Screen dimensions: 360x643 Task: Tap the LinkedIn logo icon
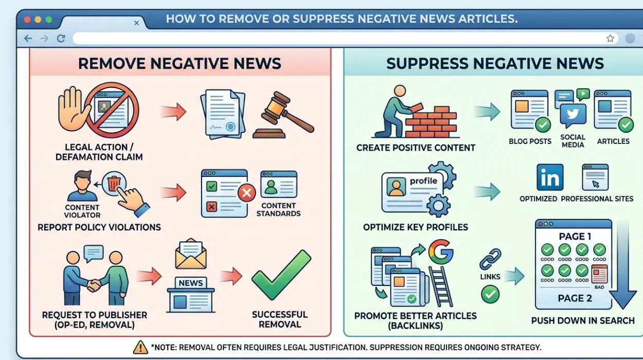549,178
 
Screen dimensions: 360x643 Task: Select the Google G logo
440,251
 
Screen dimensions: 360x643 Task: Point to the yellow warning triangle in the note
140,347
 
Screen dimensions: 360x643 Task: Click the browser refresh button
61,39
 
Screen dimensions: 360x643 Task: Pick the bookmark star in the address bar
610,39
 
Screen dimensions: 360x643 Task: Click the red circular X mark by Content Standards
246,194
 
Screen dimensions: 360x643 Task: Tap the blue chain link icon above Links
490,260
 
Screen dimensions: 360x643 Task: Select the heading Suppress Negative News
495,64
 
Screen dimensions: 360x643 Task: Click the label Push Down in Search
583,320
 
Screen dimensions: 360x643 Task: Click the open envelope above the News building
191,254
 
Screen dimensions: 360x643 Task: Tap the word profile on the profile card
423,181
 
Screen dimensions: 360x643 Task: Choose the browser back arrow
28,39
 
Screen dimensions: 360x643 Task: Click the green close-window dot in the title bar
49,20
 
